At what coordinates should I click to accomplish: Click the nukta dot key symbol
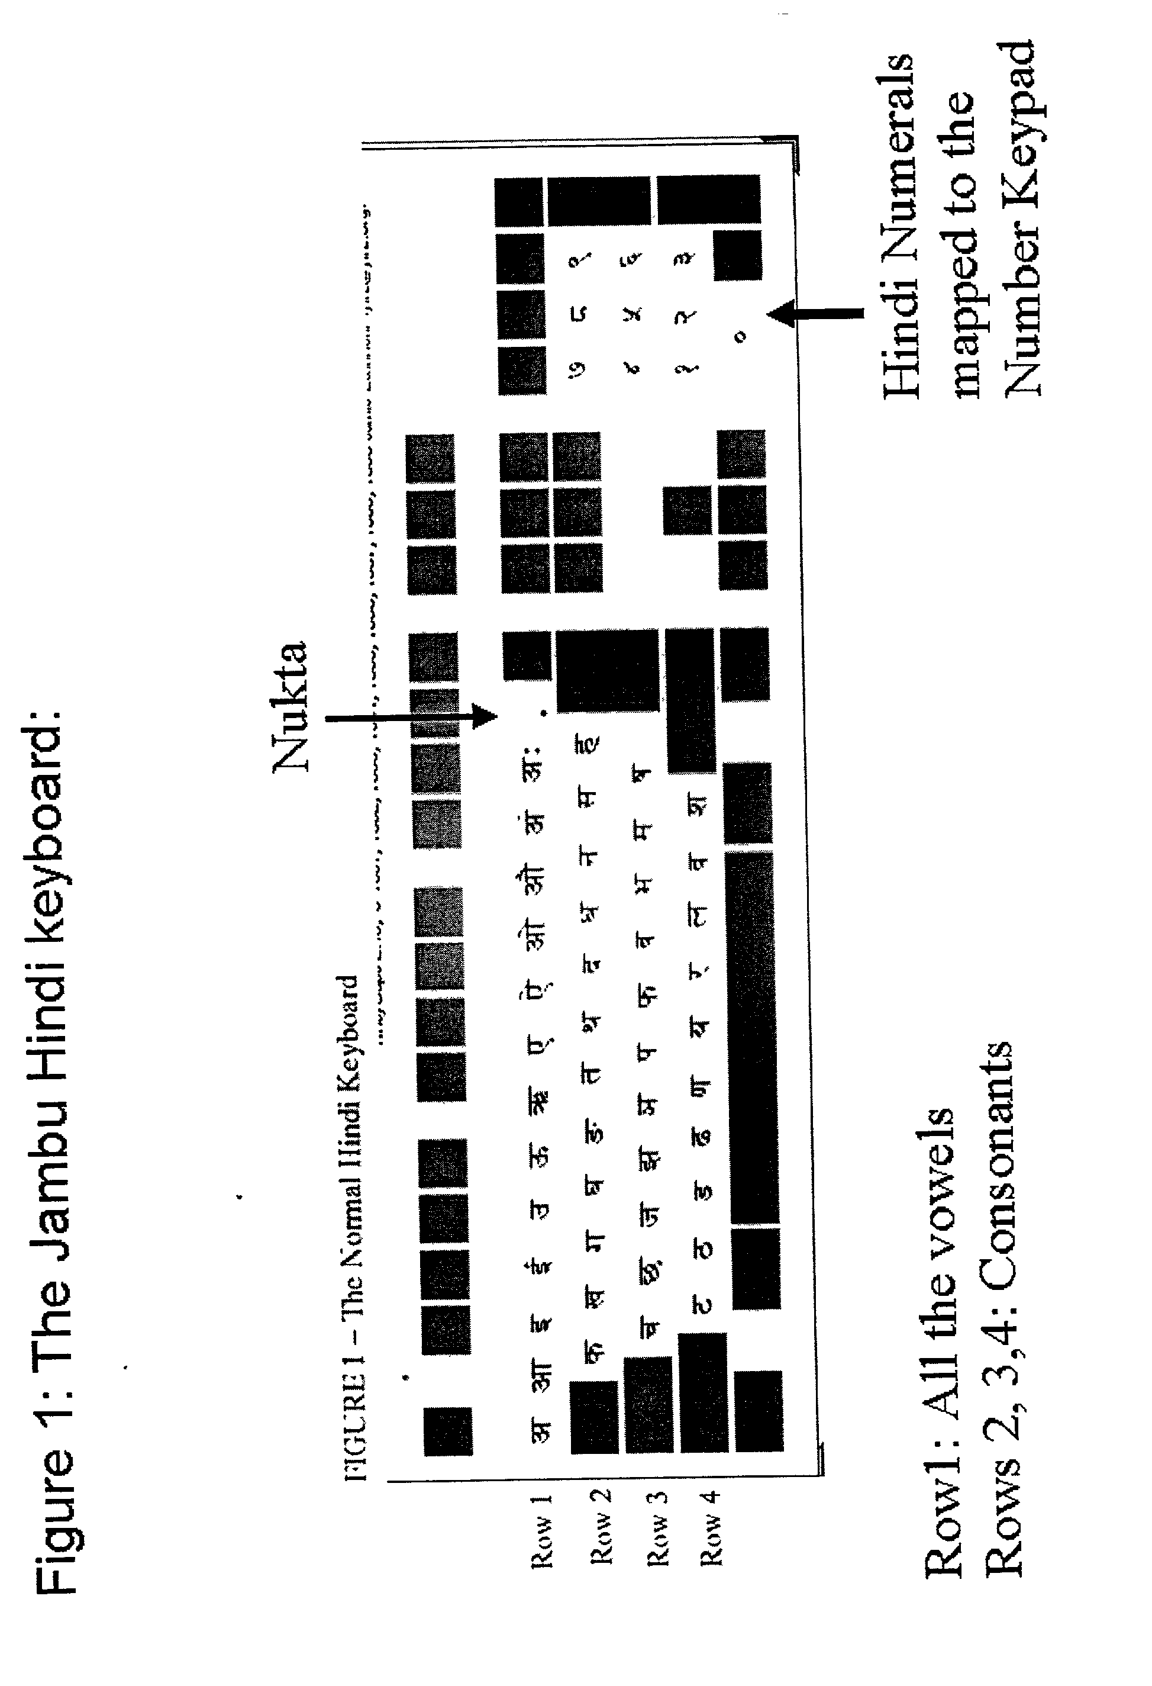click(543, 714)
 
